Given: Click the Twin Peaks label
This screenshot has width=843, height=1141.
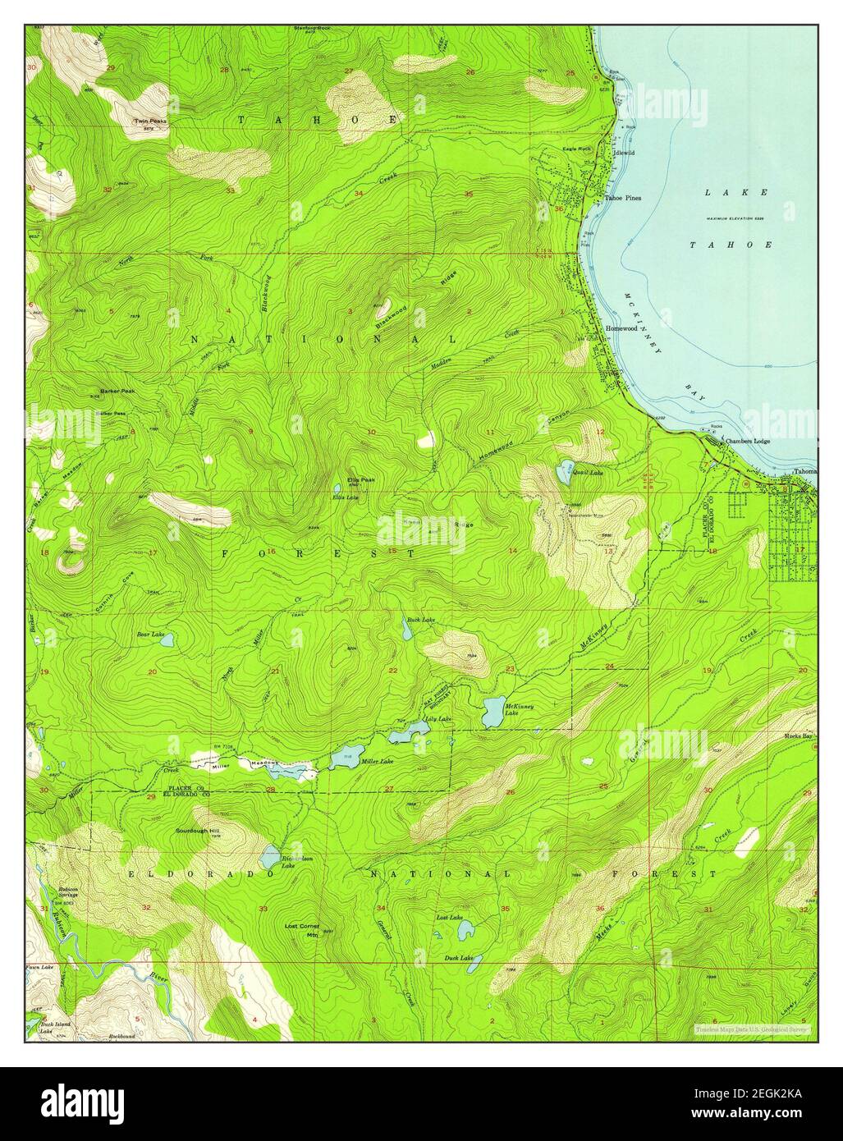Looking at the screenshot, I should pyautogui.click(x=151, y=121).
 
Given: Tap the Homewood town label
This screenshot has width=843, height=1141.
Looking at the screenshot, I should pyautogui.click(x=621, y=328).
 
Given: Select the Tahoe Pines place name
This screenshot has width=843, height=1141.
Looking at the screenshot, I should pyautogui.click(x=623, y=198).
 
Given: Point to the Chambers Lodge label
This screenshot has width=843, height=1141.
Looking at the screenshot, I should pyautogui.click(x=745, y=442).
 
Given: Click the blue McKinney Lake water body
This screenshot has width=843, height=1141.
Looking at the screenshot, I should pyautogui.click(x=494, y=713).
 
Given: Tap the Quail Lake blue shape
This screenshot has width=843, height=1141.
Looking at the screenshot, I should pyautogui.click(x=564, y=471).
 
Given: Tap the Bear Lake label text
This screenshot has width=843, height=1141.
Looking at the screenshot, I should pyautogui.click(x=150, y=635).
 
